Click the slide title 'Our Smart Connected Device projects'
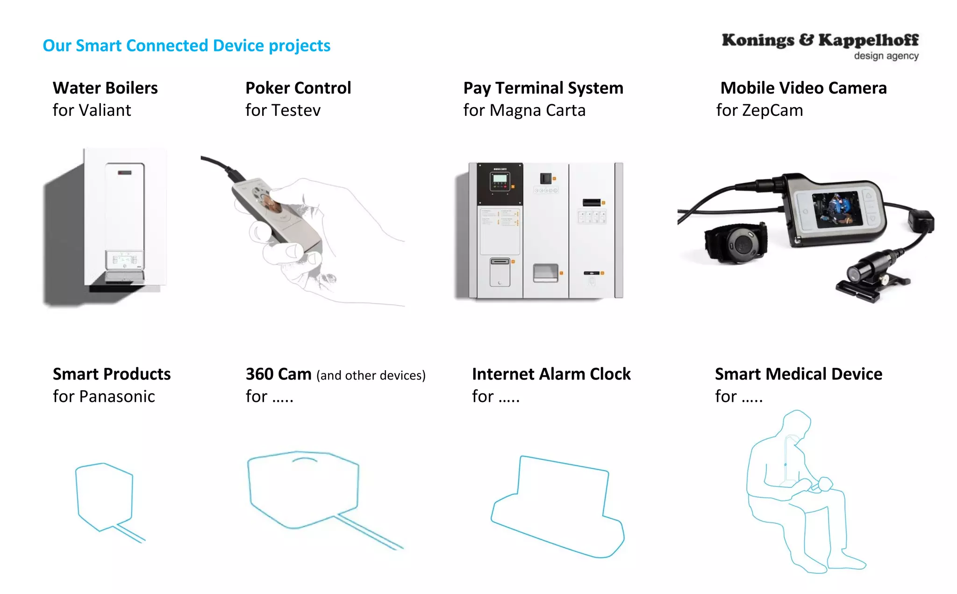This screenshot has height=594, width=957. (x=186, y=46)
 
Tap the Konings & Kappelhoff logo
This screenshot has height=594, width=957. (x=820, y=41)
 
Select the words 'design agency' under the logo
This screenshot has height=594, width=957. (x=886, y=56)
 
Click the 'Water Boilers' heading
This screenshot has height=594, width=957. (x=105, y=88)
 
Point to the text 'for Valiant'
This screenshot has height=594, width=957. (x=92, y=110)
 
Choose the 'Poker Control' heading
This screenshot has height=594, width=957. (x=298, y=88)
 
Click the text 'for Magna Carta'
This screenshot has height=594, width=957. (x=524, y=110)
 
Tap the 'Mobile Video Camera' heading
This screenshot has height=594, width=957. (x=803, y=88)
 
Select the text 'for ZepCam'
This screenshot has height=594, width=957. (x=759, y=110)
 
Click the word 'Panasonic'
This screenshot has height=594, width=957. (x=117, y=396)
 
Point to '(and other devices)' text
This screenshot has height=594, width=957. (x=371, y=375)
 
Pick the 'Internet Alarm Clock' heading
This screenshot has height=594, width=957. (x=551, y=374)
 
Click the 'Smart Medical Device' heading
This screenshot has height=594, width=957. (x=799, y=374)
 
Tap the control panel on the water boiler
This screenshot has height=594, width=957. (x=124, y=260)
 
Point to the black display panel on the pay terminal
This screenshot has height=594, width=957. (x=500, y=183)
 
